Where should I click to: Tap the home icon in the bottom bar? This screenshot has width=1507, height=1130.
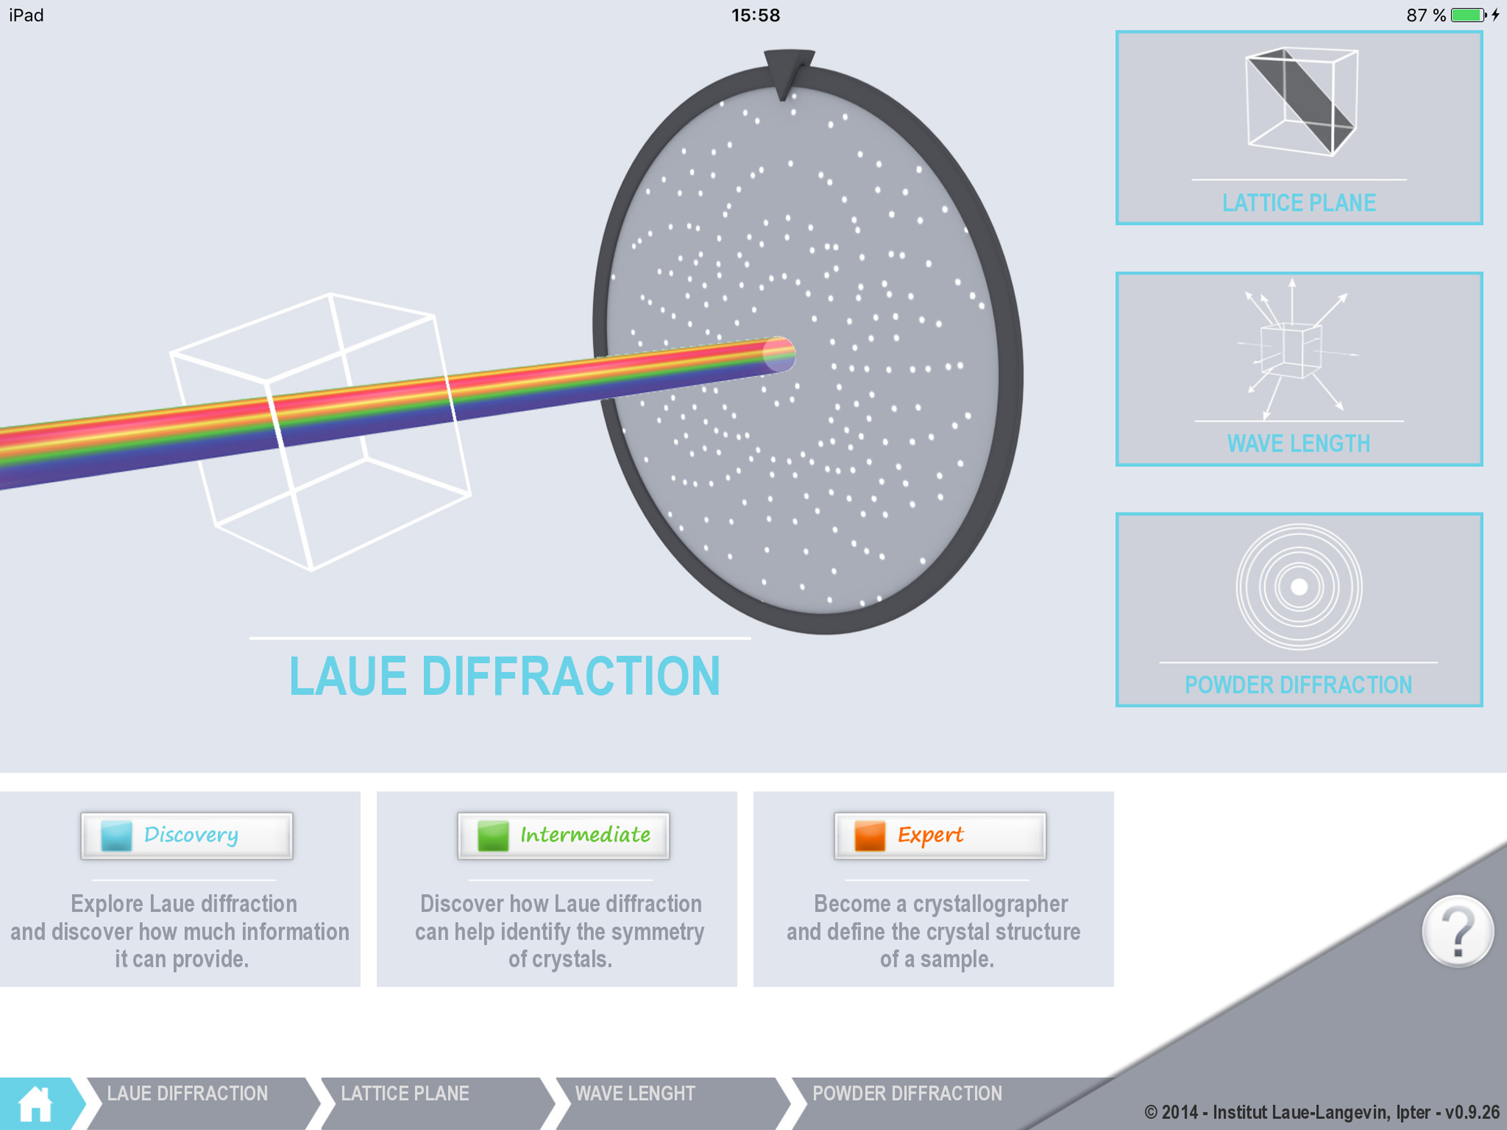tap(35, 1104)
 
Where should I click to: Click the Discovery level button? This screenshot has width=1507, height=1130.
tap(186, 835)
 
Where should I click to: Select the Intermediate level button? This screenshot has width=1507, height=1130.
tap(563, 835)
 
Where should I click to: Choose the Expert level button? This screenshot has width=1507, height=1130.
tap(939, 835)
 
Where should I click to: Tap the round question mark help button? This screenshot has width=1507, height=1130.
tap(1457, 931)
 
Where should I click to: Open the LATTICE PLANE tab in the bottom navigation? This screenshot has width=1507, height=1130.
tap(405, 1094)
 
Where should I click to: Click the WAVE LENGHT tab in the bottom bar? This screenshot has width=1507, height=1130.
tap(635, 1094)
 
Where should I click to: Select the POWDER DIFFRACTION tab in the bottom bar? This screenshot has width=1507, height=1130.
tap(907, 1094)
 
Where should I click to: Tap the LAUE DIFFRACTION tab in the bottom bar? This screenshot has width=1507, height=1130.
tap(188, 1094)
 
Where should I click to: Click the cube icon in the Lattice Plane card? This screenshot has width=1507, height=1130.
tap(1301, 102)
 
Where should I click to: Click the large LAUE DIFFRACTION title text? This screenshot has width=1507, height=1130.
tap(504, 676)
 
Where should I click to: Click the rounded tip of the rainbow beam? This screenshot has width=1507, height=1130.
tap(779, 354)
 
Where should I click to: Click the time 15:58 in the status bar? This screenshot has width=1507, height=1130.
tap(755, 15)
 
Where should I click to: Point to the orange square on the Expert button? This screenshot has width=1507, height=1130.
tap(869, 835)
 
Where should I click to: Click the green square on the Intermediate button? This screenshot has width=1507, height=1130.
tap(493, 835)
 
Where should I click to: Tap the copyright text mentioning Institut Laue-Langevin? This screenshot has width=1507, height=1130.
tap(1321, 1112)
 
